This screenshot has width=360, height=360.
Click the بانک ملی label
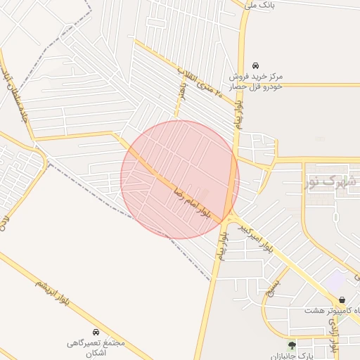click(x=257, y=5)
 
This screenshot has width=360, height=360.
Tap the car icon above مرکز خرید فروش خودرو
click(x=255, y=64)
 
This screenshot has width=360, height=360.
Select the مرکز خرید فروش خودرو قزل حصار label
click(x=259, y=80)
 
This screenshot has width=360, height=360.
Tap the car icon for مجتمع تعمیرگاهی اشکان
click(x=96, y=330)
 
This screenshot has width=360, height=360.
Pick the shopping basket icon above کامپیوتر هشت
click(x=342, y=300)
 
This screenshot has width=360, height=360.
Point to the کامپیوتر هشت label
click(x=333, y=310)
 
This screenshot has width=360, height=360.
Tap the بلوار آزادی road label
click(x=333, y=335)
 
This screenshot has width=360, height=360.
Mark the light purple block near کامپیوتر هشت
click(x=336, y=280)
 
